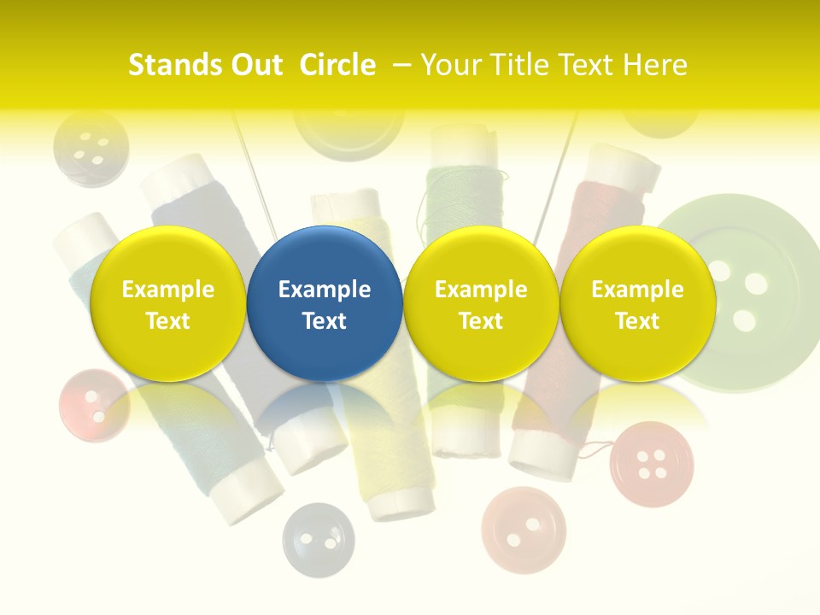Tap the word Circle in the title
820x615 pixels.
tap(337, 65)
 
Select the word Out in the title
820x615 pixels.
tap(254, 65)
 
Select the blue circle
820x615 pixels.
tap(325, 303)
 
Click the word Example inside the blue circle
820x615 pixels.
tap(325, 290)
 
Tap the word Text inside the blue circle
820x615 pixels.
tap(325, 321)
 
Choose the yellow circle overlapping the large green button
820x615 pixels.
tap(637, 303)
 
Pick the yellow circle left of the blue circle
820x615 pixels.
tap(167, 303)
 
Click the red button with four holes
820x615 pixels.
tap(652, 462)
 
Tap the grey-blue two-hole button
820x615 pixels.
tap(318, 539)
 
